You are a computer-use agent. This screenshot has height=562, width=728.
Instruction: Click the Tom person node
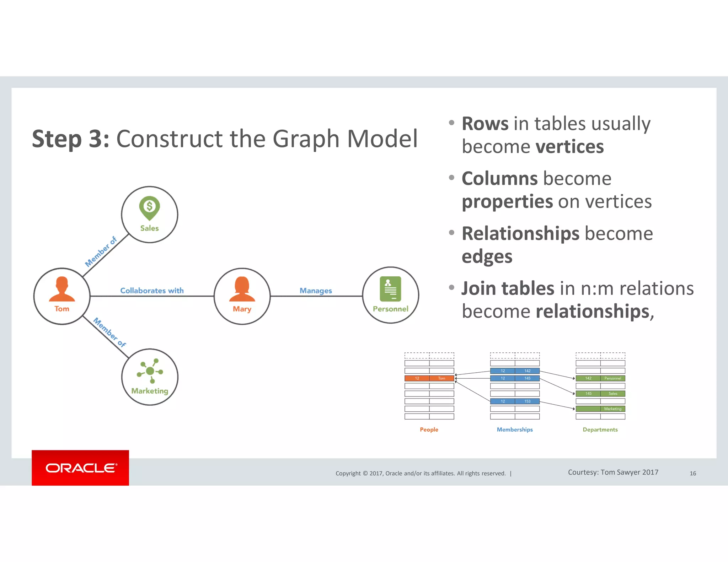point(62,296)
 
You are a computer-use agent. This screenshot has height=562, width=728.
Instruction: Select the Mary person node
point(242,296)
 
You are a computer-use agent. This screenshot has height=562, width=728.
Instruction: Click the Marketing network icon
point(150,371)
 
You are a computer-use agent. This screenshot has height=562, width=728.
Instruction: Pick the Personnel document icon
point(390,289)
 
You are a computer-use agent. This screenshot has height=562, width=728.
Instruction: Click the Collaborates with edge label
point(152,291)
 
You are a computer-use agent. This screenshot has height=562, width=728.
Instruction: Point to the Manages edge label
point(316,291)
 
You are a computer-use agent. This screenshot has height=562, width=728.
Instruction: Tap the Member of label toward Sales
point(101,252)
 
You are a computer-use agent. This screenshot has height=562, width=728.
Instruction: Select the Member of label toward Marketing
point(109,332)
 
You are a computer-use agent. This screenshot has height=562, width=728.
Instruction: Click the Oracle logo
point(81,468)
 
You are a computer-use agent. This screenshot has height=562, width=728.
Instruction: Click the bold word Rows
point(485,124)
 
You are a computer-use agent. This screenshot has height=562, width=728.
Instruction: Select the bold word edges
point(487,256)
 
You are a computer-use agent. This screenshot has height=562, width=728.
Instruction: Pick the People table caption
point(429,429)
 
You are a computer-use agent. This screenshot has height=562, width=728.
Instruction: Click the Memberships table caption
point(514,429)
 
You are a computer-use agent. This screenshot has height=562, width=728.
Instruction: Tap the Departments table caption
point(600,429)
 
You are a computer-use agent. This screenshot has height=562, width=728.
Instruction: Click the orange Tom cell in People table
point(441,378)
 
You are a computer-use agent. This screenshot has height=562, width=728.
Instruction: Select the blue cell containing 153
point(527,401)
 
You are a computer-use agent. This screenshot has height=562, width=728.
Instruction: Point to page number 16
point(692,473)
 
